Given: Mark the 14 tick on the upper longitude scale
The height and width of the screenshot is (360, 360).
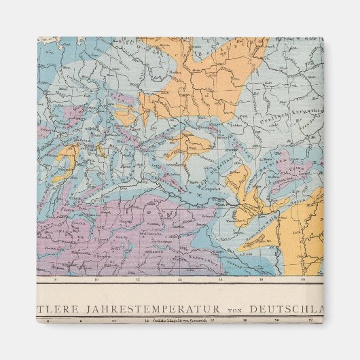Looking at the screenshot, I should point(179,279).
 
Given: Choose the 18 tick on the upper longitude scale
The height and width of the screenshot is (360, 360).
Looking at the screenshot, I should point(260,279).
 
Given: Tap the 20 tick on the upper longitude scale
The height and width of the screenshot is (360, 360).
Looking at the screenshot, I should point(302,279).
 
